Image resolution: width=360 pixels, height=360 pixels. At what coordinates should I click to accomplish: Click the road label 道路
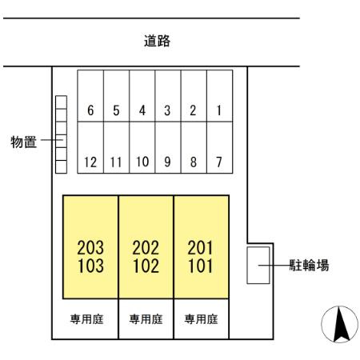157,41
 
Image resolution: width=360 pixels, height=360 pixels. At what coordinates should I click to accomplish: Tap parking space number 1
219,96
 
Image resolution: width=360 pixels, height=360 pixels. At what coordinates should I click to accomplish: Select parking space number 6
90,96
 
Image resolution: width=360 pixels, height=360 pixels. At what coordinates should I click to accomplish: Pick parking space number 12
90,147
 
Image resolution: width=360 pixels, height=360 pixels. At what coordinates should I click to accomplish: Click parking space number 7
219,147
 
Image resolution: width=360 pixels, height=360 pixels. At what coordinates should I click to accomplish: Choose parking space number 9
168,147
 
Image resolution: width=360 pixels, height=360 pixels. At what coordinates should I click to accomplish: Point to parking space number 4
142,96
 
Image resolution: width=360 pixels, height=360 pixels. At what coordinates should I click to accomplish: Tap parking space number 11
116,147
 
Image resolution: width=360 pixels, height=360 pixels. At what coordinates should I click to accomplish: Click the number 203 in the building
90,247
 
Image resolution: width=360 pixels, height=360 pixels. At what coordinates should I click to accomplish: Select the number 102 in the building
146,266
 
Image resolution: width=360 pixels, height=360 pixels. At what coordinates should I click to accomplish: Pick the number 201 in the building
200,247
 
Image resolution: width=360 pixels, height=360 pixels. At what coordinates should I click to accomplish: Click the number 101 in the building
201,266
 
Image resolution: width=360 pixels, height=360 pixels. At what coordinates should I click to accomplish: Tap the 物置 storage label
23,142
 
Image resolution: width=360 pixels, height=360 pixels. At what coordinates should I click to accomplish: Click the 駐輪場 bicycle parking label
309,265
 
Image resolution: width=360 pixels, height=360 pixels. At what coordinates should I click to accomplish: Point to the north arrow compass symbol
339,324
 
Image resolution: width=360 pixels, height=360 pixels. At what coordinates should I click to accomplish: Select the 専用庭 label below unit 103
86,319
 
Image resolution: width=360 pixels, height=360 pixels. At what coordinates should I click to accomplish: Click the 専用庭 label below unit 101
201,319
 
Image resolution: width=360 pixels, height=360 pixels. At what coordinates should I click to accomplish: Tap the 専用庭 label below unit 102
146,319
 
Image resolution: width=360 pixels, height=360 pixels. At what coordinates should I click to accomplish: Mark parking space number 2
194,96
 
